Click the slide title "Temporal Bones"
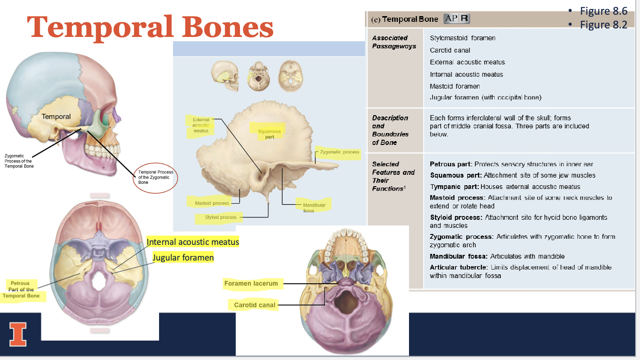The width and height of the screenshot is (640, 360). pos(151,27)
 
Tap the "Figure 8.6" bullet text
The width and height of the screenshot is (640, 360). pos(604,11)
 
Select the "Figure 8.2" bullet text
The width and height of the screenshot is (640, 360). pos(604,25)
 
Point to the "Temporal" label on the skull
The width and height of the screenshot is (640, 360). pos(56,117)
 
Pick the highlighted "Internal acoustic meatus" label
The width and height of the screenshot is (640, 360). pos(193,242)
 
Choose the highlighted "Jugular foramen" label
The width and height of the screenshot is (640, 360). pos(183,258)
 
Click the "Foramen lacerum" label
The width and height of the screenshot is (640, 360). pos(251,284)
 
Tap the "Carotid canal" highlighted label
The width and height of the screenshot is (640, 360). pos(254,305)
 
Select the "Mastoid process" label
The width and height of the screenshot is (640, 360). pos(212,203)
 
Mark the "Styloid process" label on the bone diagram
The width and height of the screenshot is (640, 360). pos(221,217)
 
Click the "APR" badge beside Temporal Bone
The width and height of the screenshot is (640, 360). pos(457,19)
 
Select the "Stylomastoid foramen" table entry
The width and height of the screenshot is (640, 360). pos(462,38)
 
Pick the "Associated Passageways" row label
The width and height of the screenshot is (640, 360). pos(394,42)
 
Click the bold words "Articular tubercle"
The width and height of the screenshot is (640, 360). pos(458,267)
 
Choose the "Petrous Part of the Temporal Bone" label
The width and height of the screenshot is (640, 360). pos(21,289)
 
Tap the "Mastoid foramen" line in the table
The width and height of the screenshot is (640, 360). pos(454,86)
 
